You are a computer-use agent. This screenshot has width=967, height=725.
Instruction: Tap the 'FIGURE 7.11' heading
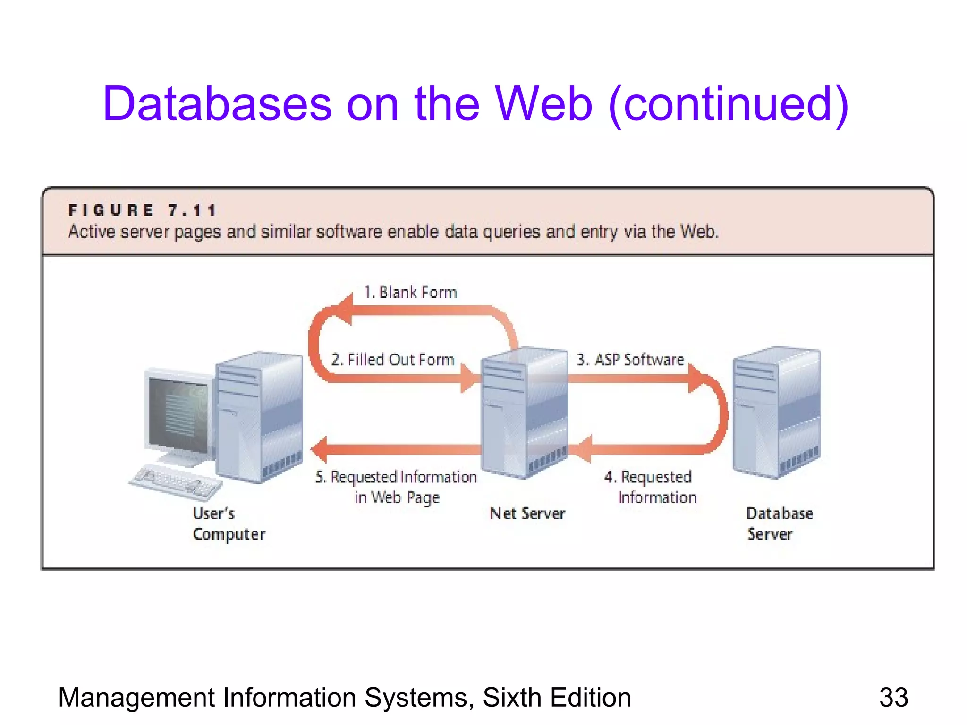(x=142, y=210)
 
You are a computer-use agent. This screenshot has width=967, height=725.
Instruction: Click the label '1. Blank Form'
(x=410, y=293)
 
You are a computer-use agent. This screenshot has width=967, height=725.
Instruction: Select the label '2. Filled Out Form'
(x=392, y=360)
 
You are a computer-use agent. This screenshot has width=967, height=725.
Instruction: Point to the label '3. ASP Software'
(x=630, y=360)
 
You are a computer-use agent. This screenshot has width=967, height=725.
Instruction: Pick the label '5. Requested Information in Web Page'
(x=397, y=487)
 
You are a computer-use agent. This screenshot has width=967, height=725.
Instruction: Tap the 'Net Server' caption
(x=527, y=514)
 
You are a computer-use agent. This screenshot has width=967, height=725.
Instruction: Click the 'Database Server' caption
(x=779, y=524)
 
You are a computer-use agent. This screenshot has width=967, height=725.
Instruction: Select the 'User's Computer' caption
(x=229, y=524)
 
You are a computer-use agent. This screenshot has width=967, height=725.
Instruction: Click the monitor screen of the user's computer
(x=178, y=413)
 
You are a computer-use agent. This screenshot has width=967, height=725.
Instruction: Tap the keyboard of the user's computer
(x=176, y=481)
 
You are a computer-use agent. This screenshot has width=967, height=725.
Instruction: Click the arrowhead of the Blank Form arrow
(x=344, y=310)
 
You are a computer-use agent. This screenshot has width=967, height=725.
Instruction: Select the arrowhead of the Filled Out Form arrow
(x=469, y=378)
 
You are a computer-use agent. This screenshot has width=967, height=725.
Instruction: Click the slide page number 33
(x=893, y=698)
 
